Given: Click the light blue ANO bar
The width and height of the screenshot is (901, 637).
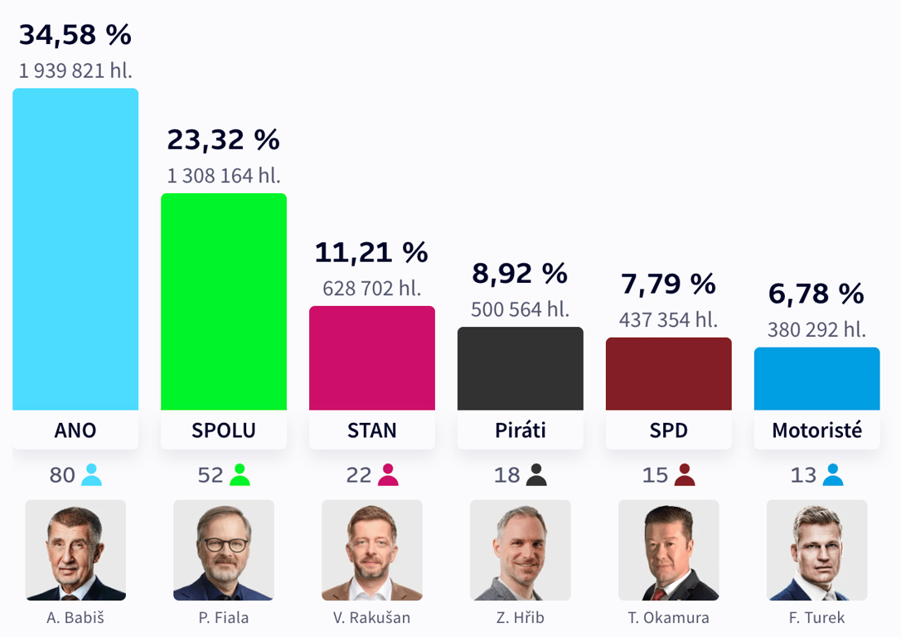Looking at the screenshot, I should tap(75, 249).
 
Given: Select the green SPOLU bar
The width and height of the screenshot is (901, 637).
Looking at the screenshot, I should tap(224, 302).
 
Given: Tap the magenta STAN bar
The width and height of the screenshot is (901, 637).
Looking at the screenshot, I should tap(372, 358).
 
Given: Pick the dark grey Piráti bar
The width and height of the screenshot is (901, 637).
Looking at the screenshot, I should tap(521, 368).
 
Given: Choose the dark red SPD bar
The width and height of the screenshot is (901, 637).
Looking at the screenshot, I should tap(669, 373).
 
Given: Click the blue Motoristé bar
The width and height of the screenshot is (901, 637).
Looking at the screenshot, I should tap(817, 378).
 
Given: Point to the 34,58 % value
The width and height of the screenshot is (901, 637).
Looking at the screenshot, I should tap(75, 35).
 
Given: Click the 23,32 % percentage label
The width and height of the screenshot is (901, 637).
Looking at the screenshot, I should tap(224, 140).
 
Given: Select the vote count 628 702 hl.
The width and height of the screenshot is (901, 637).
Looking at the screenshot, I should tap(372, 289).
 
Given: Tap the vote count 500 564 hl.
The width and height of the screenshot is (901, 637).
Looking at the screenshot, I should tap(521, 309).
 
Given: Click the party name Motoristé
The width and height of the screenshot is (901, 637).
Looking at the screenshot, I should tap(817, 430).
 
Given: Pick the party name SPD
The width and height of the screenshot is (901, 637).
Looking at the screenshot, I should tap(669, 430).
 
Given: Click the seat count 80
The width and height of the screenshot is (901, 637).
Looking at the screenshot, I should tap(62, 475).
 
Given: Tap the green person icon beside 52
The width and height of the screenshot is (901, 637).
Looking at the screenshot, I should tap(240, 474).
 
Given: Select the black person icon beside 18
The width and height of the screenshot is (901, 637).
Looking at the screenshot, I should tap(537, 474).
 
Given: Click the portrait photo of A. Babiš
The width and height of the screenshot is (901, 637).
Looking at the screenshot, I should tap(75, 550).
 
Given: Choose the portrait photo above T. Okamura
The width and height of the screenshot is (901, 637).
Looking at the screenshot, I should tap(669, 550).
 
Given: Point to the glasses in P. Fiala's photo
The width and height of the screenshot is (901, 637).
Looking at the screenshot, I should tap(224, 545).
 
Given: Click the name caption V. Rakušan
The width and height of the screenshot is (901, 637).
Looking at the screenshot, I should tap(372, 618).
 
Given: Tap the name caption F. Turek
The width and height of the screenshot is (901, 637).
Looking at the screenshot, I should tap(817, 618).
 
